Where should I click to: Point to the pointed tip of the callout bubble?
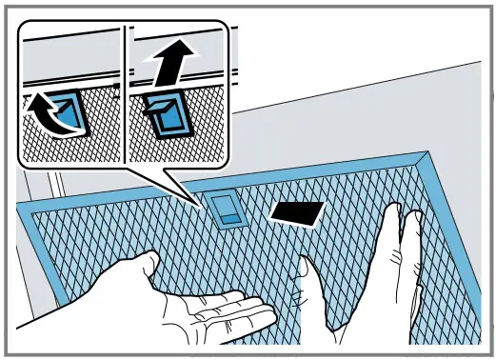pos(194,202)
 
